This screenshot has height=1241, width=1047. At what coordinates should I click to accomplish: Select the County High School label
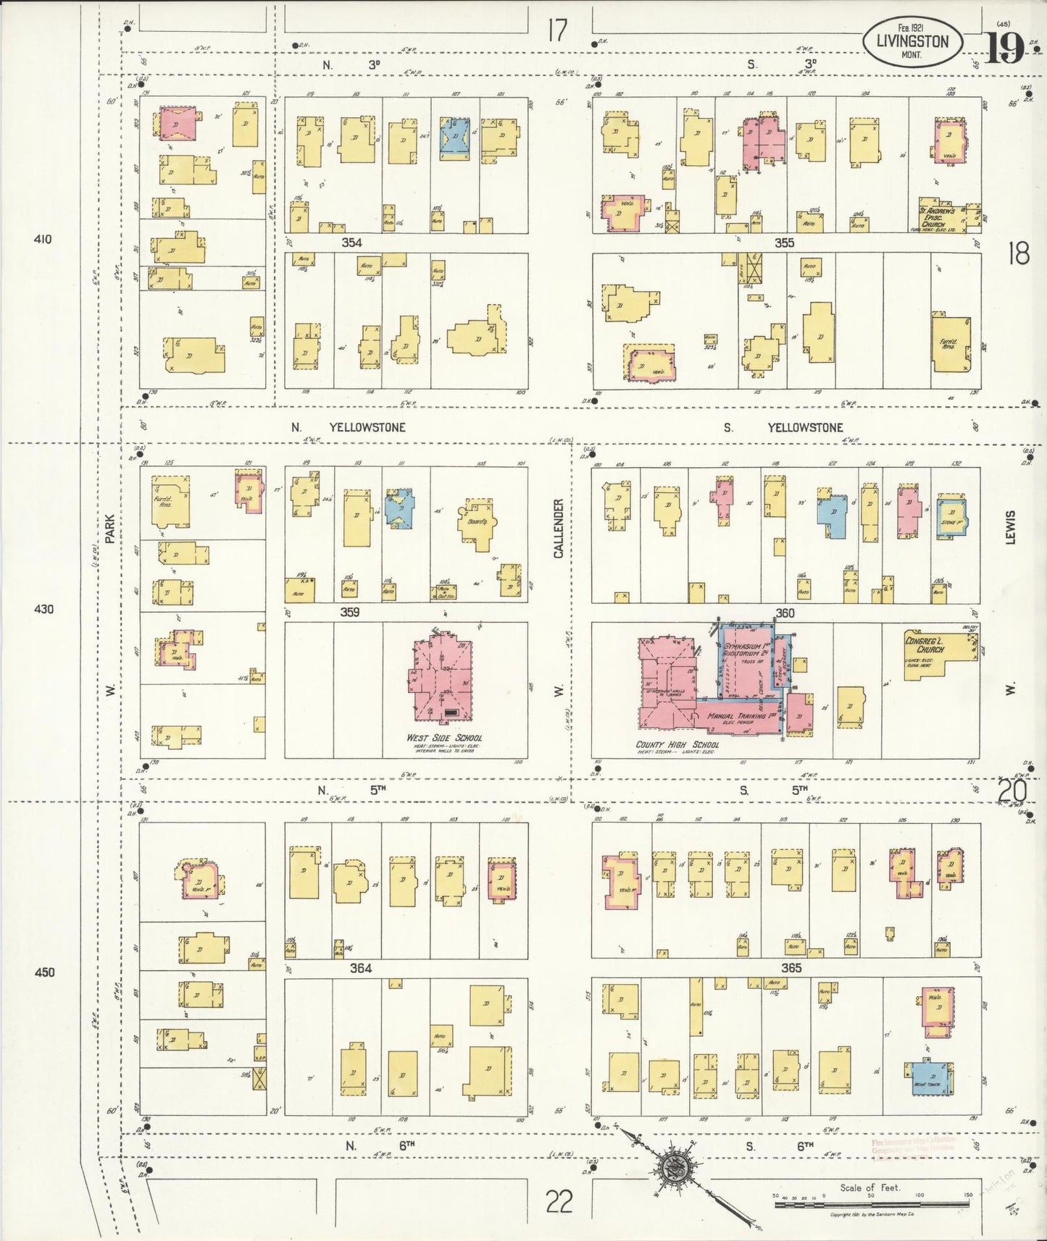point(677,744)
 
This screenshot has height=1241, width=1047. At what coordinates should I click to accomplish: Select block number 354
point(352,243)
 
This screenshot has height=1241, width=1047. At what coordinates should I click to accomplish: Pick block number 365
point(791,967)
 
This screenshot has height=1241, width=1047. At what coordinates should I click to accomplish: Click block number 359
point(350,612)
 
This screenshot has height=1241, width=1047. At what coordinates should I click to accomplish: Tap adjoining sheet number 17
point(556,30)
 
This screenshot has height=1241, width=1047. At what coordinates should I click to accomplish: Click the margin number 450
point(45,972)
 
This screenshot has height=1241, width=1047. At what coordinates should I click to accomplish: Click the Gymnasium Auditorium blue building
point(746,659)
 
